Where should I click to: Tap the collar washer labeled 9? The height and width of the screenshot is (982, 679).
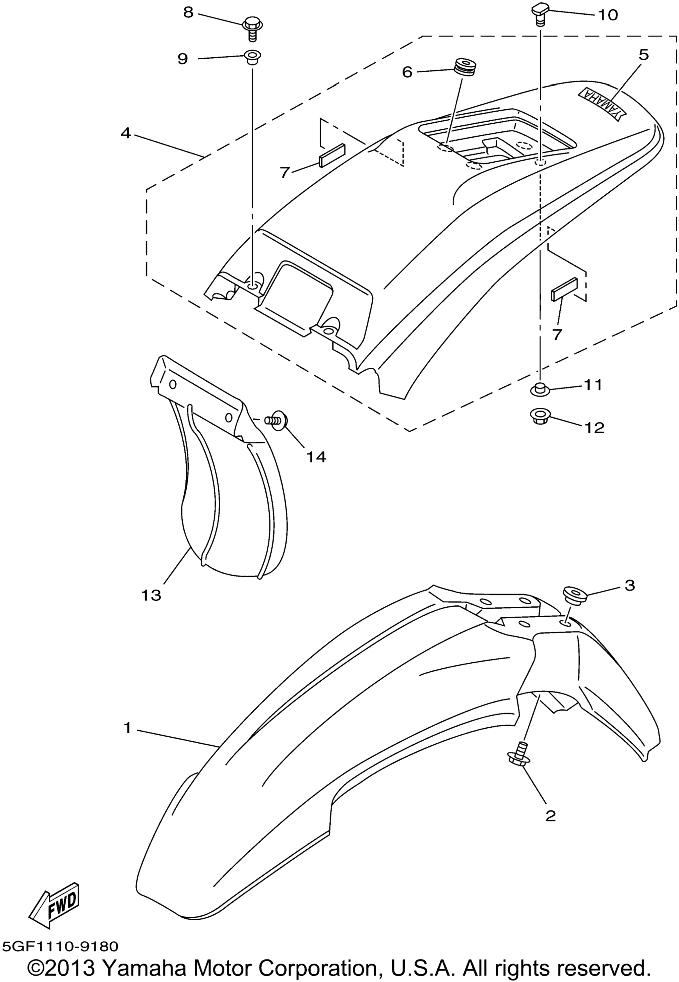click(252, 57)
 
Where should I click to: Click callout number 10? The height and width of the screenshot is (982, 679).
click(607, 15)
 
